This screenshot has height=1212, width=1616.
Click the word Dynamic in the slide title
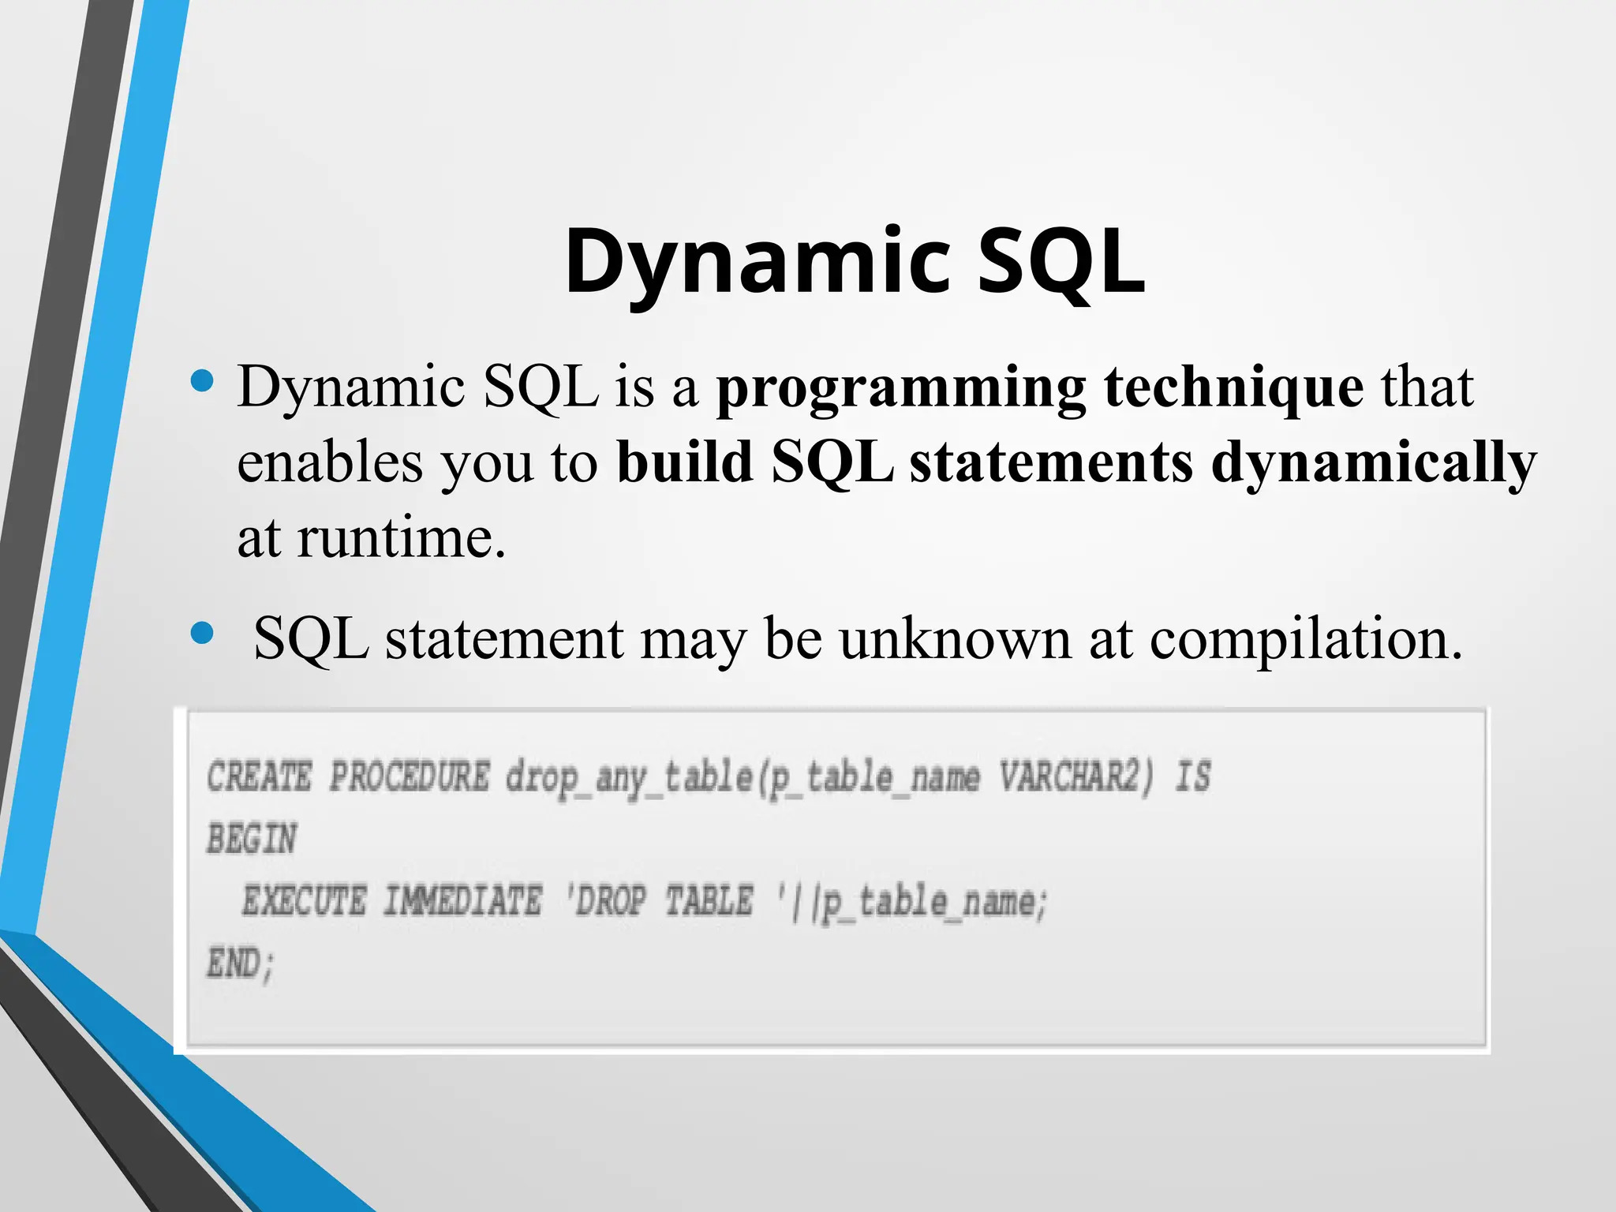pyautogui.click(x=757, y=262)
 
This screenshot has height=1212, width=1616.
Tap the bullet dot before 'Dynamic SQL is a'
pyautogui.click(x=203, y=381)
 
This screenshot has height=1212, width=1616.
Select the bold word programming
pyautogui.click(x=900, y=388)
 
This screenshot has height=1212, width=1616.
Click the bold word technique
pyautogui.click(x=1233, y=388)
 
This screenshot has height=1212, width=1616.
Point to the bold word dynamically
pyautogui.click(x=1373, y=464)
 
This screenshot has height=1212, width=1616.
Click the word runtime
pyautogui.click(x=401, y=539)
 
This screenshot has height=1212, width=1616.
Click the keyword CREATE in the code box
pyautogui.click(x=260, y=776)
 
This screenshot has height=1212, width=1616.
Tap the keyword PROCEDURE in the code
pyautogui.click(x=410, y=776)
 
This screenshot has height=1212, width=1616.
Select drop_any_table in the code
pyautogui.click(x=629, y=778)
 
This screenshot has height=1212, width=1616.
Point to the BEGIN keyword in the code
pyautogui.click(x=252, y=839)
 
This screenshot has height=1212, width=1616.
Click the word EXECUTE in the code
pyautogui.click(x=304, y=901)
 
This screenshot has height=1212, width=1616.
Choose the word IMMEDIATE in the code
pyautogui.click(x=462, y=901)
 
